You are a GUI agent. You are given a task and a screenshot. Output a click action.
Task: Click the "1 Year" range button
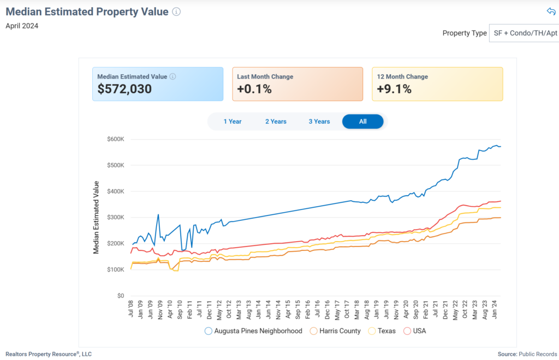[x=233, y=122]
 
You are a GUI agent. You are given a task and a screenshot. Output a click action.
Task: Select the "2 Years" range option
[x=276, y=122]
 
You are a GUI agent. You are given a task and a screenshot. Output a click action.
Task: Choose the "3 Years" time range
[x=319, y=122]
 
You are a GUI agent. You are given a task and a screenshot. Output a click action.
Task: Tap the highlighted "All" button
[x=362, y=122]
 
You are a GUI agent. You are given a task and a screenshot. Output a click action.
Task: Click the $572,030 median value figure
[x=124, y=89]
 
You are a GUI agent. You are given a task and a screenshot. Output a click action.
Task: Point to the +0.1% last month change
[x=254, y=89]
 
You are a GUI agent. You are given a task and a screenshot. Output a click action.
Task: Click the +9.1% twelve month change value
[x=394, y=89]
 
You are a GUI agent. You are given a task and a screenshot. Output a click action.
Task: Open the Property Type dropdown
[x=524, y=33]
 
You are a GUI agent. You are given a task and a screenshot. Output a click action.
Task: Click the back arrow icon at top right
[x=551, y=11]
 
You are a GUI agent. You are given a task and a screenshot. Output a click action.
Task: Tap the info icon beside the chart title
[x=176, y=12]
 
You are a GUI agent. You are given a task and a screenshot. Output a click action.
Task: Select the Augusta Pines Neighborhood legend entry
[x=253, y=331]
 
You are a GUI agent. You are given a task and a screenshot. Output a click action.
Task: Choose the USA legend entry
[x=415, y=331]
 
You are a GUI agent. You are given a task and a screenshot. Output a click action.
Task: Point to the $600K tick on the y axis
[x=116, y=139]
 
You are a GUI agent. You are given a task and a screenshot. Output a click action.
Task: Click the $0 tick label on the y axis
[x=121, y=296]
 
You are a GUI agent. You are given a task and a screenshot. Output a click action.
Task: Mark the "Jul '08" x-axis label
[x=131, y=309]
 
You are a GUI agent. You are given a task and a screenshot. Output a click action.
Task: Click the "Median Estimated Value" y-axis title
[x=96, y=217]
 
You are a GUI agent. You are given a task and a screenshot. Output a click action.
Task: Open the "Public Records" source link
[x=538, y=354]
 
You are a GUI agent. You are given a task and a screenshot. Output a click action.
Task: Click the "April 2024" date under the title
[x=22, y=25]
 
